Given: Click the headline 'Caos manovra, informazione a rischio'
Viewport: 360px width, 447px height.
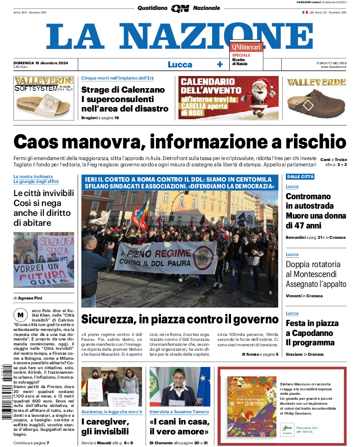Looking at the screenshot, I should (180, 142).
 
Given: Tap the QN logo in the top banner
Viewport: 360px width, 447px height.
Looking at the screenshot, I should (180, 8).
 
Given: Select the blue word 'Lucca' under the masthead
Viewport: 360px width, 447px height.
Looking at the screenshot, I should (180, 64).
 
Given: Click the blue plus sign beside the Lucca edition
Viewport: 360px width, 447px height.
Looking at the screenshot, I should (220, 64).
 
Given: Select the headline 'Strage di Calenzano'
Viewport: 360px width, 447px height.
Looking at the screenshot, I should (123, 89).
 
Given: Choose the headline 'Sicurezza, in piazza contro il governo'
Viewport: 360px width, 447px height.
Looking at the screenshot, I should (180, 319).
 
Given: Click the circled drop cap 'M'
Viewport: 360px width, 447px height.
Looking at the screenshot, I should (19, 314).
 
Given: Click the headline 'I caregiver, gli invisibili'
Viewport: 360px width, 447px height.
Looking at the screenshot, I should (105, 426).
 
